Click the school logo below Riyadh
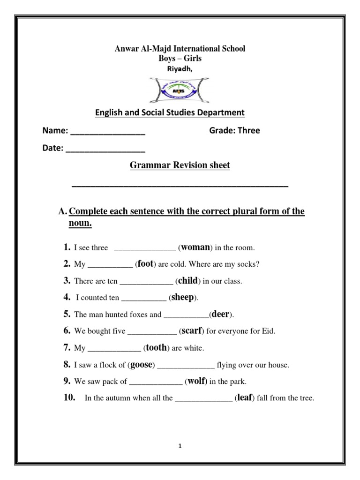click(180, 90)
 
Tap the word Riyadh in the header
click(180, 68)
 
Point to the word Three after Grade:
click(249, 131)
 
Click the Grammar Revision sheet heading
click(180, 166)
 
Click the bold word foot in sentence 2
click(145, 264)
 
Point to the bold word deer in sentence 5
click(221, 315)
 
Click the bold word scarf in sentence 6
click(191, 331)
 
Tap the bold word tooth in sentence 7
click(157, 348)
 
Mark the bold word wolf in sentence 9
click(197, 381)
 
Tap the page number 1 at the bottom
click(180, 446)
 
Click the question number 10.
click(69, 398)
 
